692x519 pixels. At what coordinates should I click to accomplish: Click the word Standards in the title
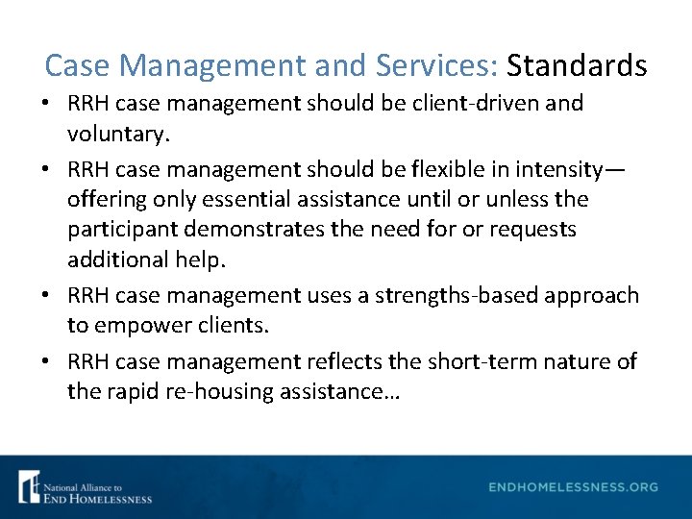pyautogui.click(x=577, y=65)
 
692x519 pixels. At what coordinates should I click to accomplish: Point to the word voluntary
pyautogui.click(x=118, y=134)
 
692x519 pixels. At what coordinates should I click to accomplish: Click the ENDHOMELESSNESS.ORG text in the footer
pyautogui.click(x=573, y=487)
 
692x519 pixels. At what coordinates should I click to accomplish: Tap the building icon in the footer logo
pyautogui.click(x=29, y=486)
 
